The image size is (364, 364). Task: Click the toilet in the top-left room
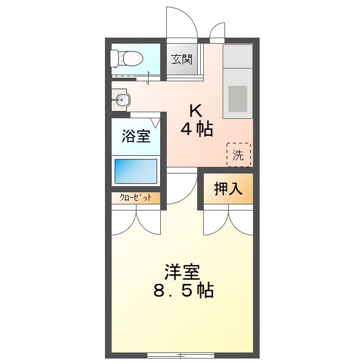(127, 58)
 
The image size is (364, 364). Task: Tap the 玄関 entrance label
(181, 59)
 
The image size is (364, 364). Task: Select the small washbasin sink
(121, 100)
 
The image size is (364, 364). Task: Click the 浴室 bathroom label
(136, 136)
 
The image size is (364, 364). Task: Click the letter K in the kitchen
(195, 110)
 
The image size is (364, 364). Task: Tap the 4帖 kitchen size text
(196, 129)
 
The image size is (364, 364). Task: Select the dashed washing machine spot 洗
(238, 155)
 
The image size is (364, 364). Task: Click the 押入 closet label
(227, 189)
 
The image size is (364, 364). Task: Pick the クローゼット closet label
(136, 198)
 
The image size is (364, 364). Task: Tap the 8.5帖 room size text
(183, 291)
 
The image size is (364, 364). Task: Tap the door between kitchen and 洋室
(181, 188)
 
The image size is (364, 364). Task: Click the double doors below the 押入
(228, 221)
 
